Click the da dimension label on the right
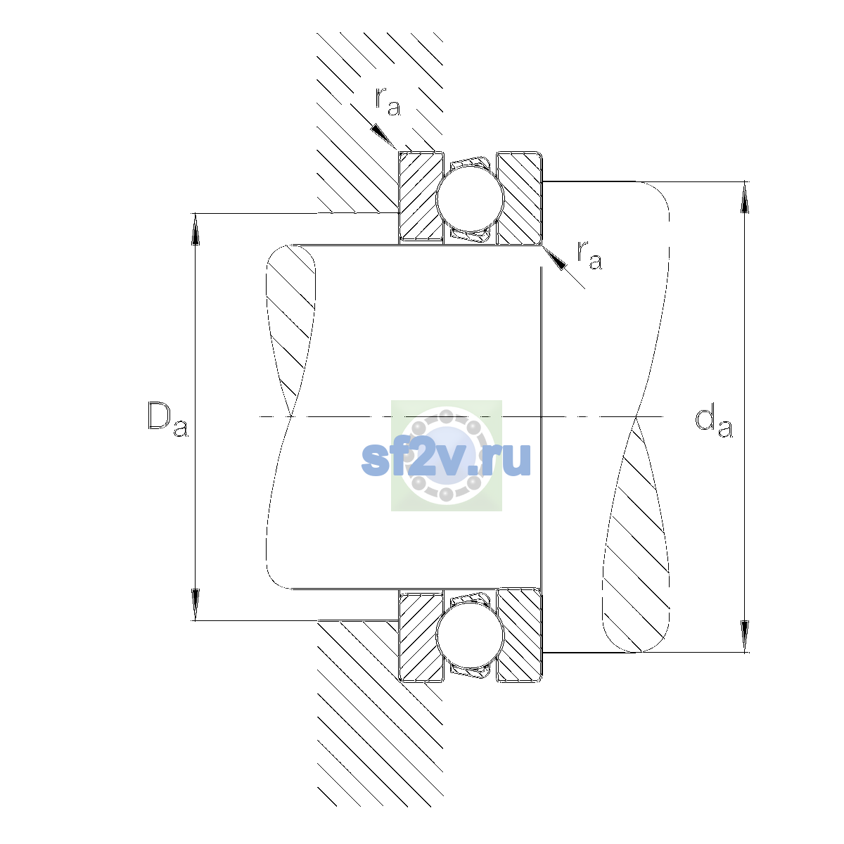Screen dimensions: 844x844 (713, 423)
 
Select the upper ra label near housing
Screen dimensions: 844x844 (388, 101)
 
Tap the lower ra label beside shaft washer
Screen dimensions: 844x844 (589, 255)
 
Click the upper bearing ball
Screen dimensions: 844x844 (470, 198)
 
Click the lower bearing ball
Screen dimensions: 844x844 (470, 635)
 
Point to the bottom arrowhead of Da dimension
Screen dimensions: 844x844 (196, 604)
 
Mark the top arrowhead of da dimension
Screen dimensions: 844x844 (745, 197)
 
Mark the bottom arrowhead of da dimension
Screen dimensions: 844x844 (745, 637)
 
